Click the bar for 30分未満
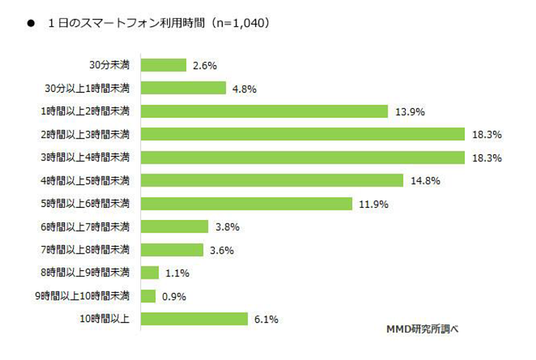point(163,65)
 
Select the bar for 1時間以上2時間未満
point(265,111)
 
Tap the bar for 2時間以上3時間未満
point(303,134)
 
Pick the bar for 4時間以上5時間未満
point(272,180)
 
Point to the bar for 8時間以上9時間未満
point(150,273)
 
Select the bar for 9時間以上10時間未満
point(149,296)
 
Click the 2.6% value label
point(204,65)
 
